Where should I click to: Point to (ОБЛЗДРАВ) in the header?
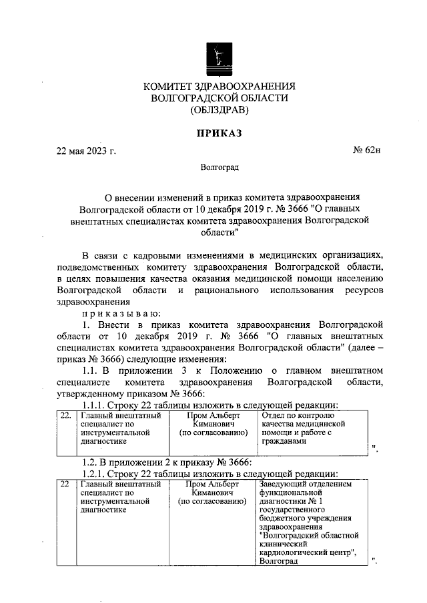pos(219,109)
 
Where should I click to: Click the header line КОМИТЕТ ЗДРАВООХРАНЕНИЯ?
pos(219,86)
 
